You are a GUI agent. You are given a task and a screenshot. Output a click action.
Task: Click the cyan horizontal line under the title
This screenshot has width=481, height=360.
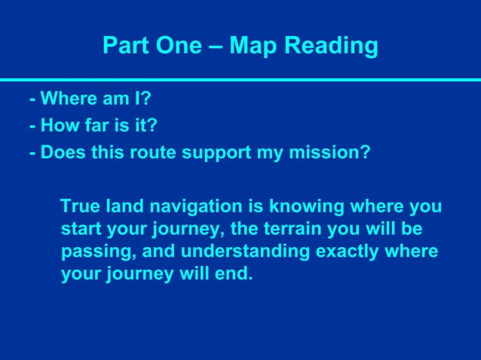coord(240,79)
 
